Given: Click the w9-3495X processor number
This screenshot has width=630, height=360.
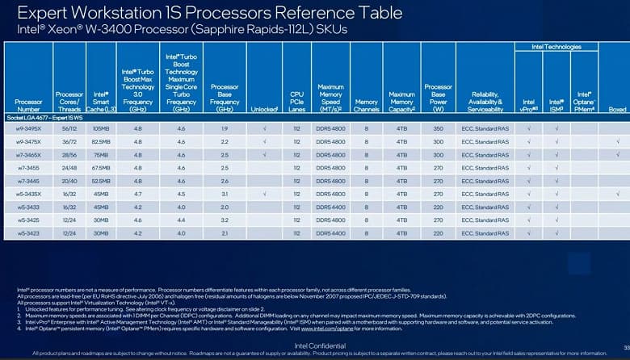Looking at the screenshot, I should [28, 129].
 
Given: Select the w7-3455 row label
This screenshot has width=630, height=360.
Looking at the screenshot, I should [28, 168].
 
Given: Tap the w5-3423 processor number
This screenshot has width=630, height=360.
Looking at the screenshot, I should [28, 232].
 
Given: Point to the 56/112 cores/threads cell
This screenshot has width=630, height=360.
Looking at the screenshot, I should [69, 129].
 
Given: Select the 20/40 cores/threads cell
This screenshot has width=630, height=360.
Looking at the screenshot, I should [69, 181].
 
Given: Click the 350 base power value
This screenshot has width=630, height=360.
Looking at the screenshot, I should [438, 129].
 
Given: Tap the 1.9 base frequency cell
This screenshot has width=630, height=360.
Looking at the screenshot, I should [224, 129].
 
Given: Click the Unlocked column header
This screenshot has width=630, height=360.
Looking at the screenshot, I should [264, 107].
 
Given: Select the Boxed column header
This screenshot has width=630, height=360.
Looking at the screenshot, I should [617, 108].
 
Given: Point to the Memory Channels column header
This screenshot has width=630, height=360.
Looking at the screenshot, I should [366, 104].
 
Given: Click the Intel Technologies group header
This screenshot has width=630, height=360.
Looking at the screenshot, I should [556, 47].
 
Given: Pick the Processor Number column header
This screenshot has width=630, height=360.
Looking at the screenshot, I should [28, 104].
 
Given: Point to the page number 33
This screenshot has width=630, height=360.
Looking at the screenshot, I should [624, 345].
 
